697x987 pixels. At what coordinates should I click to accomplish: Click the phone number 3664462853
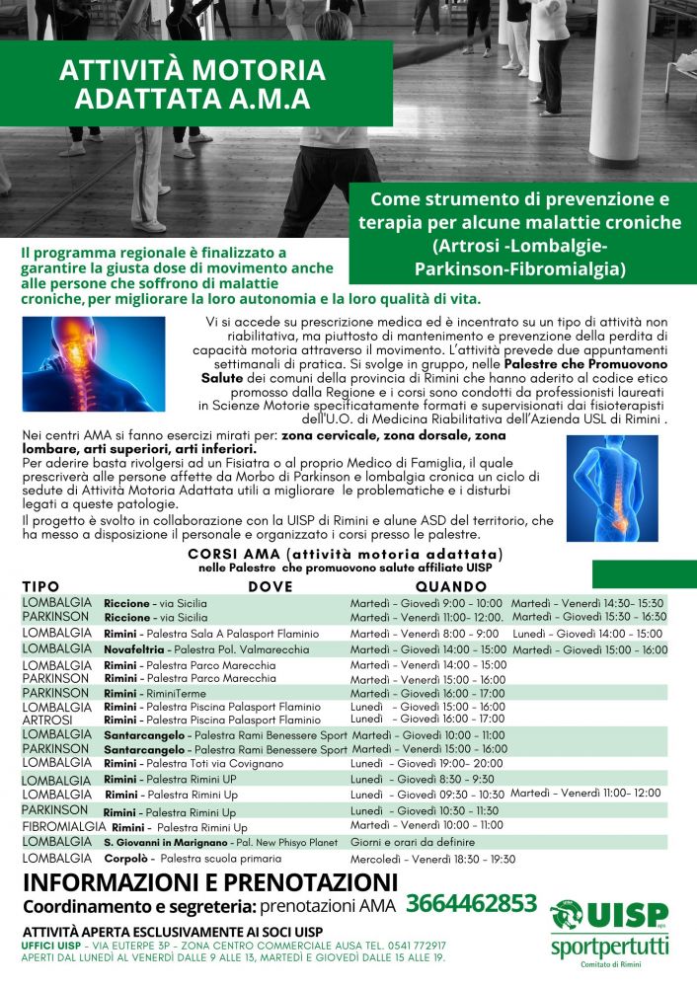[x=471, y=904]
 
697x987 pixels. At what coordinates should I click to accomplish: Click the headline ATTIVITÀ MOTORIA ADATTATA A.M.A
[x=192, y=85]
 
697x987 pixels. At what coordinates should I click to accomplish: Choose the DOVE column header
[x=270, y=586]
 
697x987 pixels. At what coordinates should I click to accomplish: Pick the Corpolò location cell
[x=198, y=859]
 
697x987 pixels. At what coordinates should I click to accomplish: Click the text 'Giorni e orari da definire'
[x=412, y=843]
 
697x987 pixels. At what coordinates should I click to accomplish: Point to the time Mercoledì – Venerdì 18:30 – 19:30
[x=432, y=859]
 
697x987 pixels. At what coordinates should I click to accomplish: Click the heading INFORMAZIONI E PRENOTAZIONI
[x=209, y=881]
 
